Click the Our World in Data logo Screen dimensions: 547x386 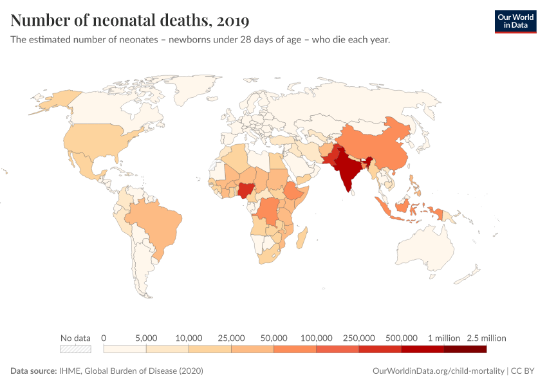515,22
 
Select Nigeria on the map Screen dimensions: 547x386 246,190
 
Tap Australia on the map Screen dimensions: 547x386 425,248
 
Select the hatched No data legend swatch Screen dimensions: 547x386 75,349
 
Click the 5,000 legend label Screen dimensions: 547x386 146,338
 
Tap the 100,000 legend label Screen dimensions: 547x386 317,338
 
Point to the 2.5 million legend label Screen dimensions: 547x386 487,338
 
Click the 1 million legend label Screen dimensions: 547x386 444,338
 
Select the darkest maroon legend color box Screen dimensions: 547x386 465,349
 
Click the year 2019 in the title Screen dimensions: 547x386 233,21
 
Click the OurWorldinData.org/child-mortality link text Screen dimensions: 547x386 438,371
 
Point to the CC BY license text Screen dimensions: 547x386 523,371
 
